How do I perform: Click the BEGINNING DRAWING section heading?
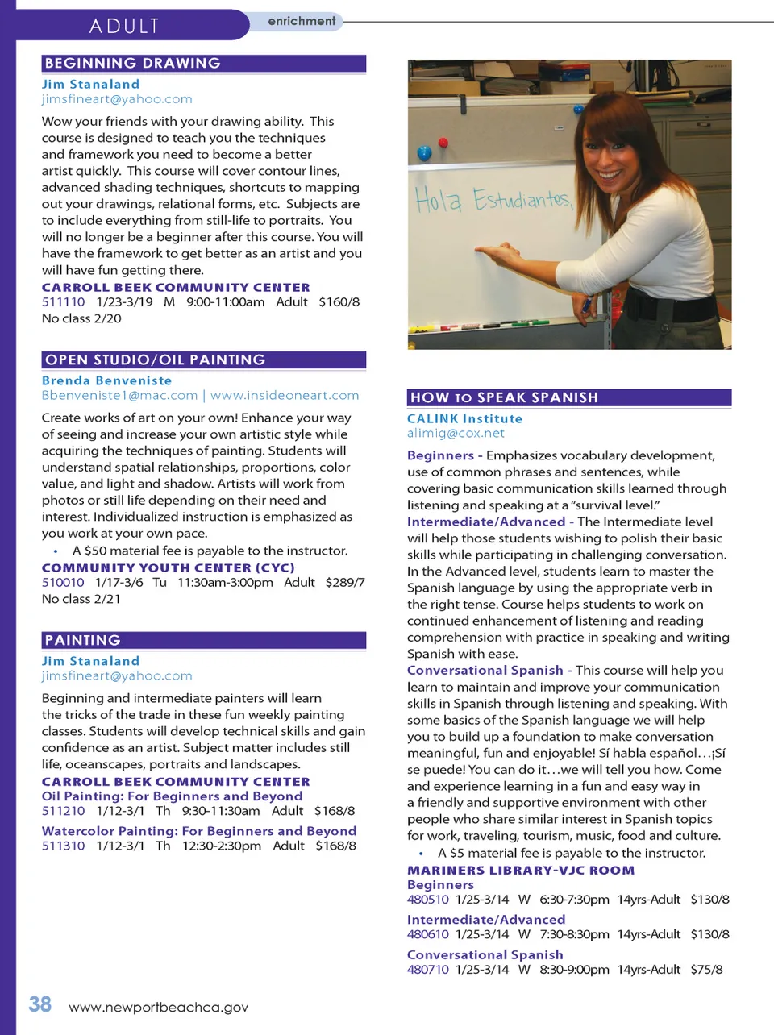coord(133,63)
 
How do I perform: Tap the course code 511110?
coord(63,301)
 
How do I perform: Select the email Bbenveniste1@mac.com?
coord(119,395)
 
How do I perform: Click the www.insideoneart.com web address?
coord(285,395)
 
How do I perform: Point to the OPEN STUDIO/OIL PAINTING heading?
coord(155,360)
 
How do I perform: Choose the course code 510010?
coord(63,582)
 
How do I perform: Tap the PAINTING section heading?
coord(83,640)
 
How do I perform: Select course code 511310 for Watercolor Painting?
coord(63,846)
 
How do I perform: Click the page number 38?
coord(40,1004)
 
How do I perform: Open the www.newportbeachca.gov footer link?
coord(159,1007)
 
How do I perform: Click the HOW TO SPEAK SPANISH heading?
coord(504,397)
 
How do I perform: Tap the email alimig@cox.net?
coord(456,433)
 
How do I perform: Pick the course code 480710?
coord(428,969)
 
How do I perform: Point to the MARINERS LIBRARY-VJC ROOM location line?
coord(521,870)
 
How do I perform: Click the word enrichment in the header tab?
coord(302,21)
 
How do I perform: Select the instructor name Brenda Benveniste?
coord(106,380)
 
